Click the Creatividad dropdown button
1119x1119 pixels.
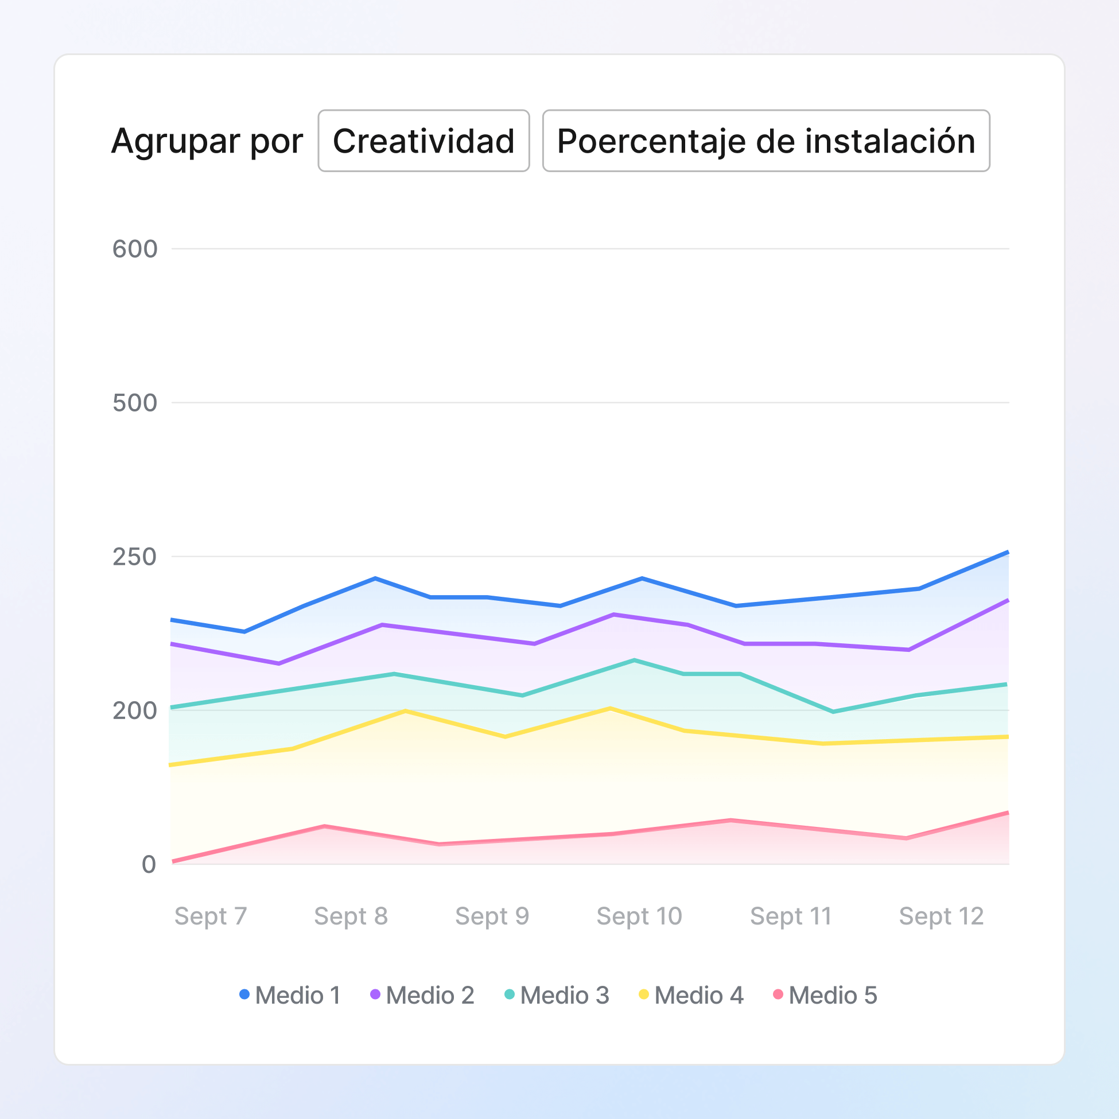click(423, 141)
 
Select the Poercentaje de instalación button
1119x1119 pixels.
click(766, 141)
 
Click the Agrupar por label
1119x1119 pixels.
click(207, 141)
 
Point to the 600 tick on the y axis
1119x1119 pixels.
click(134, 249)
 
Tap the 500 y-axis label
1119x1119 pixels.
click(134, 403)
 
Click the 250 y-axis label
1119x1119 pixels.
click(134, 557)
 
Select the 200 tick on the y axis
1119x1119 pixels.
click(134, 710)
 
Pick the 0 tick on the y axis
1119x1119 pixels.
click(148, 864)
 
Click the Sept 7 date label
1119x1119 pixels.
click(211, 916)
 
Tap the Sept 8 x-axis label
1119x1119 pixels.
click(351, 916)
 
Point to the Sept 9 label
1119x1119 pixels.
click(492, 916)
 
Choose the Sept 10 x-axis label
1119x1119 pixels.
click(639, 916)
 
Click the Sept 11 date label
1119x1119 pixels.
click(791, 916)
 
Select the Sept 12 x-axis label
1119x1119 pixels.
click(941, 916)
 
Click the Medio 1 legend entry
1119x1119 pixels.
click(291, 996)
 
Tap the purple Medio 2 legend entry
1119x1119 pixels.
click(423, 996)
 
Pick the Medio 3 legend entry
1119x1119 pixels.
click(557, 996)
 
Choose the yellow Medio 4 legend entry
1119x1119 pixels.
click(691, 996)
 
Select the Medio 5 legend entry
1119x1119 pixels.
click(825, 996)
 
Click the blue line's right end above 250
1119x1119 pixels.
click(1007, 553)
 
